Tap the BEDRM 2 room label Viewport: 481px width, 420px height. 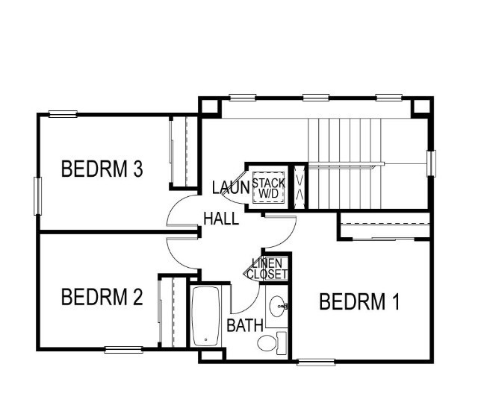coord(102,298)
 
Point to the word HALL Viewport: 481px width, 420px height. coord(221,219)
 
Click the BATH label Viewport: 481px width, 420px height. coord(243,325)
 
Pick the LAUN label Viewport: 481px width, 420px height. coord(229,187)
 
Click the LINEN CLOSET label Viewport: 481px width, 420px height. coord(268,269)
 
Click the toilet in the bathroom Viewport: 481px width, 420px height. coord(270,343)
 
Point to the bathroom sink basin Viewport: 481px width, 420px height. coord(278,304)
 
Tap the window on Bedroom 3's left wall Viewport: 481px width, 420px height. coord(37,196)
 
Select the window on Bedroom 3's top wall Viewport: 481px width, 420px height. coord(63,114)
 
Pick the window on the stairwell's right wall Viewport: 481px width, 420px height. coord(431,163)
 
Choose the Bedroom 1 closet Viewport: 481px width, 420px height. coord(385,225)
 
